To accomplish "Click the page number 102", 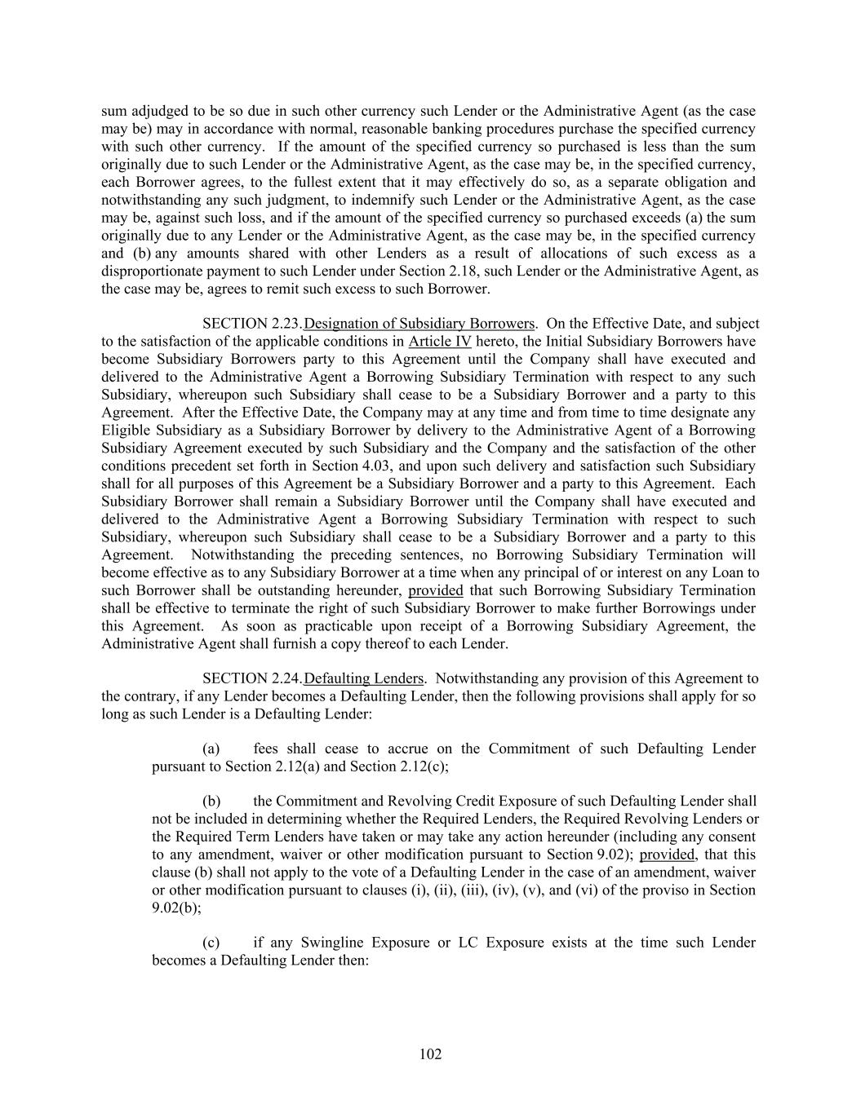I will coord(430,1054).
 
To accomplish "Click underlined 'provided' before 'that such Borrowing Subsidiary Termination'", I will coord(436,590).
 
